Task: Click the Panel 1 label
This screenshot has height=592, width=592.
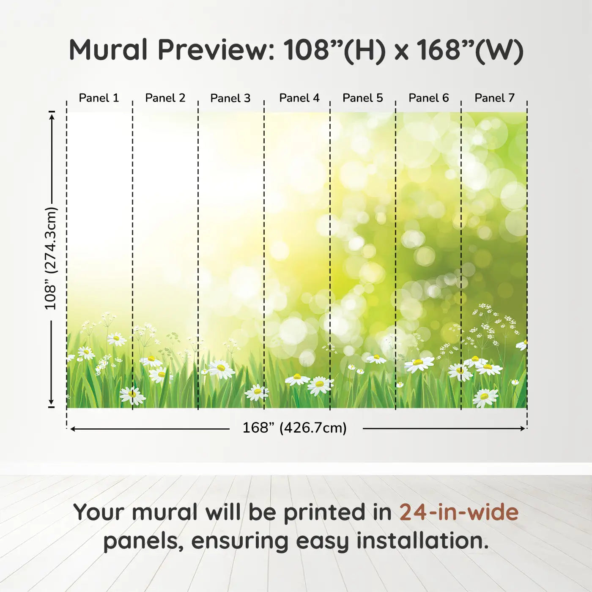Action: [99, 98]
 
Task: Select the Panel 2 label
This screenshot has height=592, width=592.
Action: [165, 98]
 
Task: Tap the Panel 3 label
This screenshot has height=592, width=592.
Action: [230, 98]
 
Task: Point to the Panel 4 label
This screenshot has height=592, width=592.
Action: [299, 98]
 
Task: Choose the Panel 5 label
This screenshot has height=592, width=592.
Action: [363, 98]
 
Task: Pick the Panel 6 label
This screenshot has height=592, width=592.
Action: [428, 98]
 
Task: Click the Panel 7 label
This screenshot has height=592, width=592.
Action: [494, 98]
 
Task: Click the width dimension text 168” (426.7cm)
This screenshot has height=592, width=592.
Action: [295, 428]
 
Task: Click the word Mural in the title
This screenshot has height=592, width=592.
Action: [108, 50]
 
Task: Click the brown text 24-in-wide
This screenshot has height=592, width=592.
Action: [459, 512]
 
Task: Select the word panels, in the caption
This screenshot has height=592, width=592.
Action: [143, 542]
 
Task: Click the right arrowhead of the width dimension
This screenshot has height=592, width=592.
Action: [523, 428]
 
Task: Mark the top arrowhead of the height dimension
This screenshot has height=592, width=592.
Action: [52, 117]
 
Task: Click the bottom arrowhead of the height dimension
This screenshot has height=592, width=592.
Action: [51, 402]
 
